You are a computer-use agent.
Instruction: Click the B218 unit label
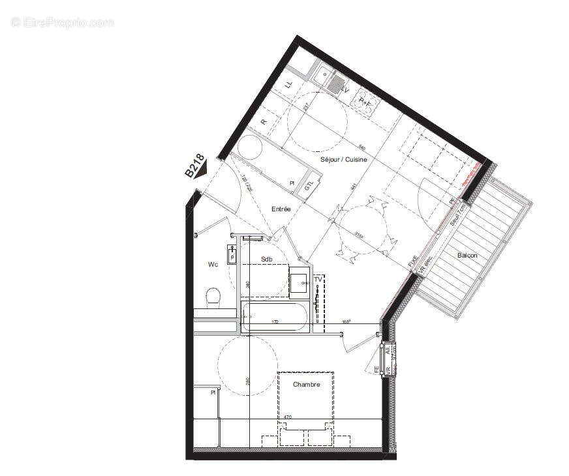(x=194, y=166)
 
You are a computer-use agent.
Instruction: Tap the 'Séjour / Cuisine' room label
(x=343, y=159)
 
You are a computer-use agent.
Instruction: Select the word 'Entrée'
(x=281, y=209)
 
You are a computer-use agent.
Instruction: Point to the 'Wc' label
(x=212, y=264)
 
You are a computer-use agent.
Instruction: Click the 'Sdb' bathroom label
(x=266, y=260)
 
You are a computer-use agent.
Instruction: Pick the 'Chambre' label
(x=306, y=385)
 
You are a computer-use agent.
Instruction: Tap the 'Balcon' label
(x=467, y=255)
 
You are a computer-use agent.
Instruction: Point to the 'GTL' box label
(x=309, y=185)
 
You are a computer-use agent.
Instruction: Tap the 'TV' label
(x=318, y=279)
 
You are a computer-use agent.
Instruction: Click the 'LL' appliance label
(x=289, y=83)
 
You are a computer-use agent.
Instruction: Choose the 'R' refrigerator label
(x=264, y=122)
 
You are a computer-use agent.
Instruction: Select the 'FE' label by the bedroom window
(x=377, y=370)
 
